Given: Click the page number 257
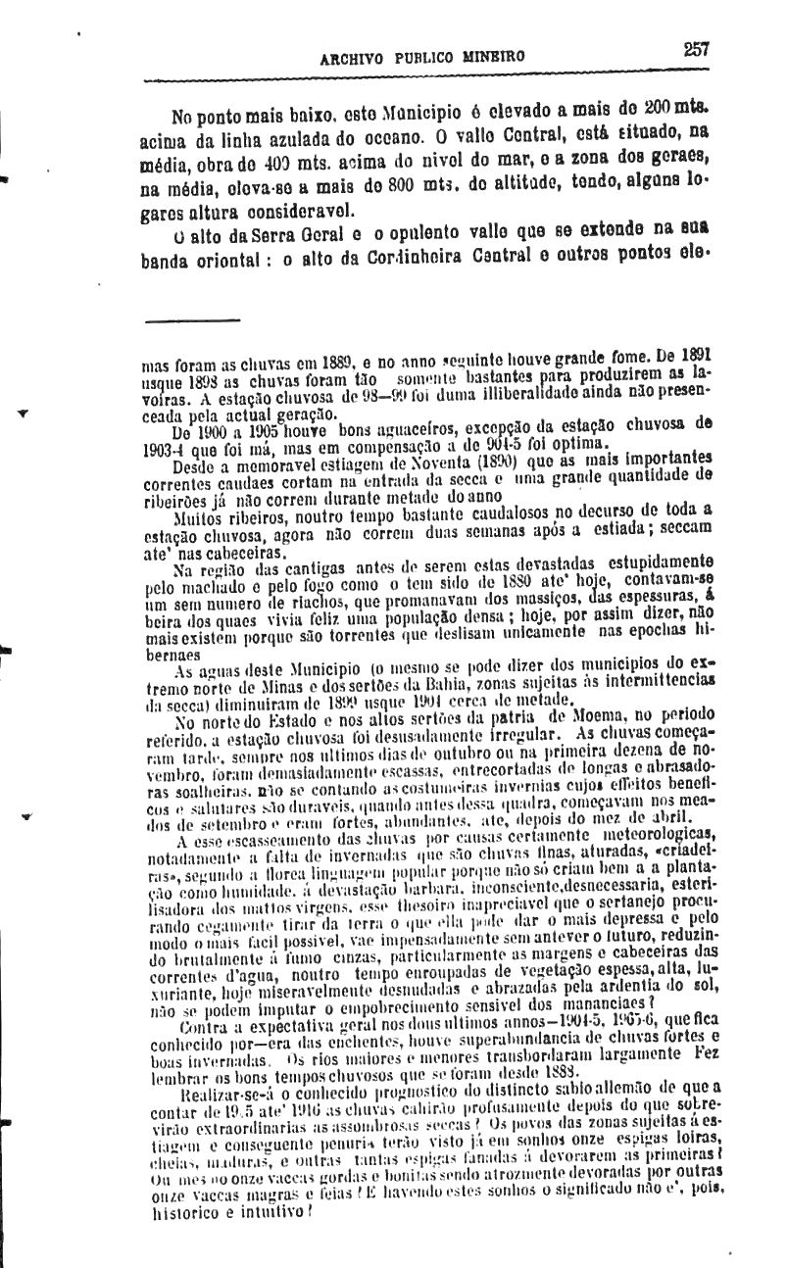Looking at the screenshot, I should [x=697, y=50].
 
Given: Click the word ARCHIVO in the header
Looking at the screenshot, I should [x=355, y=57].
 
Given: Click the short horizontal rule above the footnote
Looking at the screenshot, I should [x=192, y=319].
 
